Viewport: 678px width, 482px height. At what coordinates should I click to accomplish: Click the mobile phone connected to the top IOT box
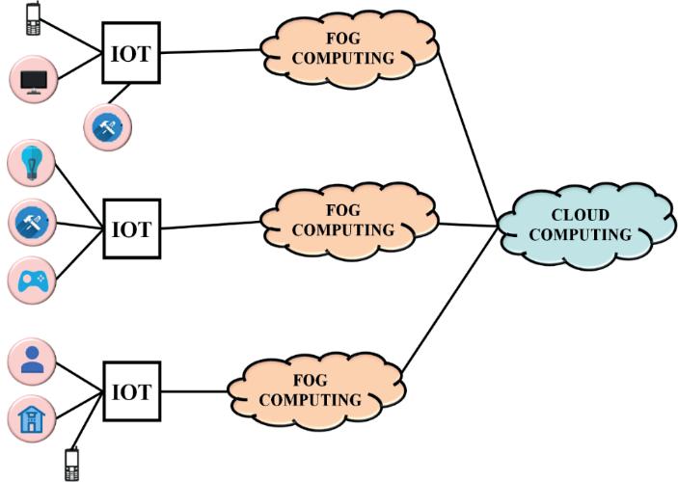coord(33,18)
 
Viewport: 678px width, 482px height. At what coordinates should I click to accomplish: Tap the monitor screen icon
coord(34,80)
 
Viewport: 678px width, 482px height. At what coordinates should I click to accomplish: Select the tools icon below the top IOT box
coord(108,127)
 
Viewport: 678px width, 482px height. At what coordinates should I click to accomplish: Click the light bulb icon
coord(32,163)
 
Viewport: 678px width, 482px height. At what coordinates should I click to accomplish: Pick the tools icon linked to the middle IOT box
coord(32,222)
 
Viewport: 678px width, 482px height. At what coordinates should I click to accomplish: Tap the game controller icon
coord(32,281)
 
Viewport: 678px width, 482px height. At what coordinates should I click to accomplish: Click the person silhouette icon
coord(32,361)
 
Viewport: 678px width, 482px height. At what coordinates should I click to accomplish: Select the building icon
coord(32,418)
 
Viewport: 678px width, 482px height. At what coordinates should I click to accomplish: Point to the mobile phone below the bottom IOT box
coord(71,465)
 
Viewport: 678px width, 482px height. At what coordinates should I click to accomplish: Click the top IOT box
coord(131,53)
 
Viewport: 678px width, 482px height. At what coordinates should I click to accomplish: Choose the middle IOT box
coord(132,228)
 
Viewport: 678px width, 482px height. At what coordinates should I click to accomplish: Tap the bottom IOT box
coord(132,391)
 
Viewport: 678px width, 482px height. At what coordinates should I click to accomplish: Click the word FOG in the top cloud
coord(343,39)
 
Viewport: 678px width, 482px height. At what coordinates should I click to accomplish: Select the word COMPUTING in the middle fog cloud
coord(343,230)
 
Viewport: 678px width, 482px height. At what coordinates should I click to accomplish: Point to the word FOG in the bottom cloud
coord(310,381)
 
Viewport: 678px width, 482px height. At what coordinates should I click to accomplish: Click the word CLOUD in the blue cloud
coord(581,215)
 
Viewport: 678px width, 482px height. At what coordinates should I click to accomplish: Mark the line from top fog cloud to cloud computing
coord(468,138)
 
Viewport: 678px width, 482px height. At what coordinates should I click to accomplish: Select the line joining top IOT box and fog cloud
coord(211,51)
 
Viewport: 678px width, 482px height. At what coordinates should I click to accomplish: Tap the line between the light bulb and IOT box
coord(79,197)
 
